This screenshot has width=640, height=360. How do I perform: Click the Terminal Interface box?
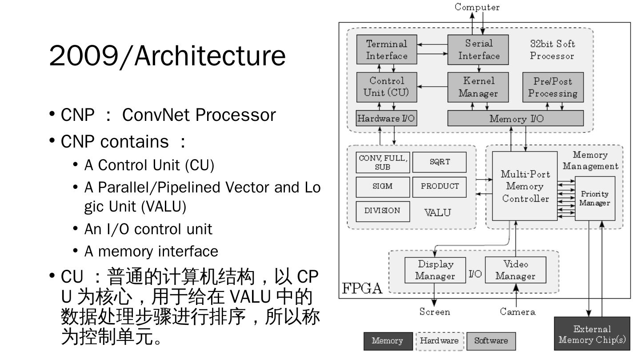click(x=387, y=50)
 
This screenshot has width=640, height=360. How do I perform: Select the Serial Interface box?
click(x=479, y=50)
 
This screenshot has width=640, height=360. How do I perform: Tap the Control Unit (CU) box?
click(x=387, y=87)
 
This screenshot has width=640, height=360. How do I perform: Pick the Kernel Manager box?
click(x=479, y=87)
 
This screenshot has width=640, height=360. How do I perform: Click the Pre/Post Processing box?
click(x=552, y=87)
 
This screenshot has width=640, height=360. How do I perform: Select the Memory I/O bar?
click(x=515, y=119)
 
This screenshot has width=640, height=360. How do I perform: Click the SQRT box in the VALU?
click(x=440, y=162)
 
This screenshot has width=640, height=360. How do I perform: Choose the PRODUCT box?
click(x=440, y=187)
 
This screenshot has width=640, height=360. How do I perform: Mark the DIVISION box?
click(x=382, y=211)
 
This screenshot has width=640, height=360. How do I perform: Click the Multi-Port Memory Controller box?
click(x=525, y=186)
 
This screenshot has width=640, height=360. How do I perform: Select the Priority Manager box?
click(x=595, y=198)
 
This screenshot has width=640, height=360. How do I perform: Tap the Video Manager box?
click(x=516, y=270)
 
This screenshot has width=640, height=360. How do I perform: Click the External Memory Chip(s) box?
click(x=592, y=335)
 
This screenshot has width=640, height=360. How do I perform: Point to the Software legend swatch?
click(x=491, y=341)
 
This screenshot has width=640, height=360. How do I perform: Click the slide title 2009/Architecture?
click(x=167, y=56)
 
